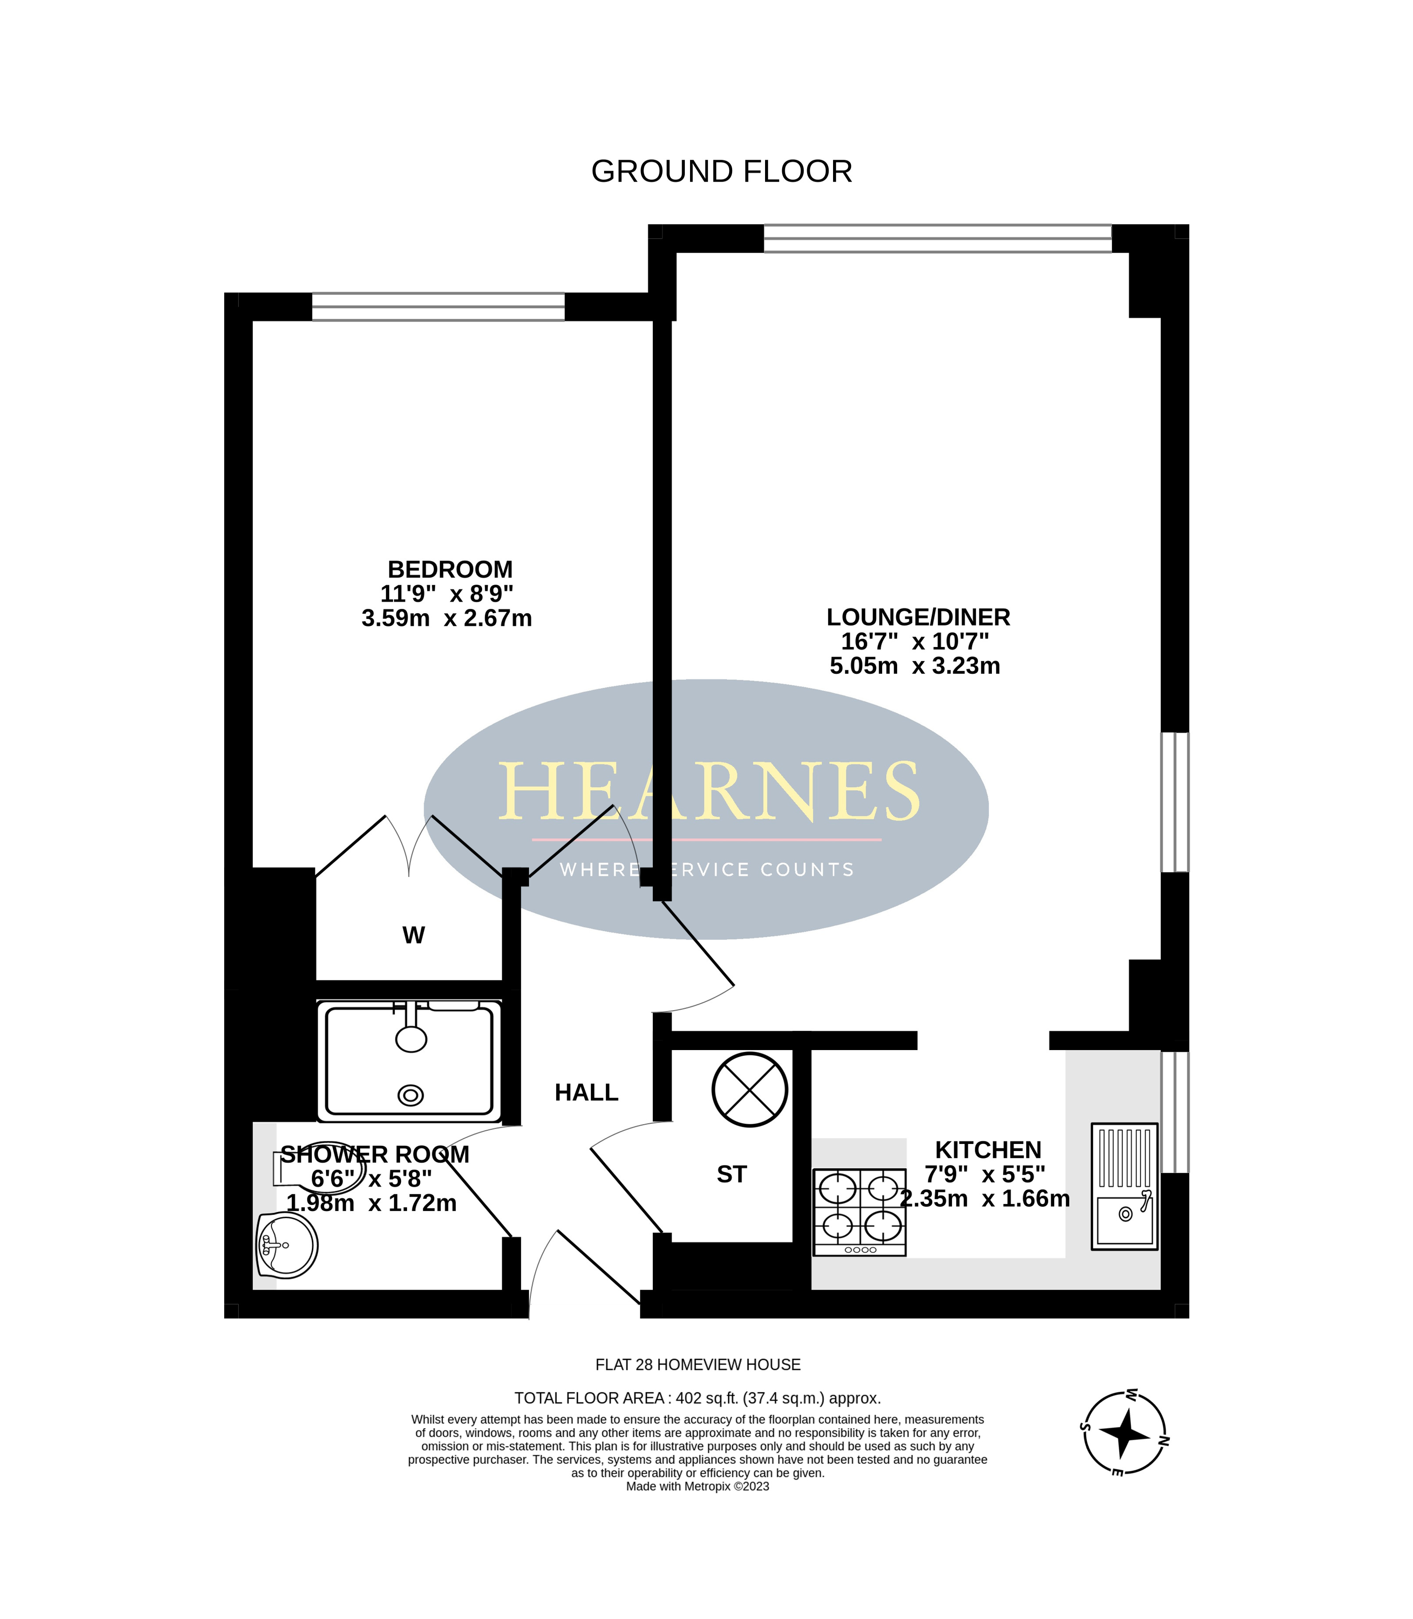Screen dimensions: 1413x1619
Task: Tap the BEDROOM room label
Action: [450, 569]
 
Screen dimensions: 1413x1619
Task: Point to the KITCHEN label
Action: [988, 1150]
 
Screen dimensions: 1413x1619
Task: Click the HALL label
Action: [587, 1093]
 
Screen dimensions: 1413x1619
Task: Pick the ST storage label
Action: [731, 1175]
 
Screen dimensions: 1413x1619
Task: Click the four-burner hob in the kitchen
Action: [859, 1212]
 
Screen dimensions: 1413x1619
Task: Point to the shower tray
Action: [409, 1060]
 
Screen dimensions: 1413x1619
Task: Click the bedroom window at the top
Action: [438, 307]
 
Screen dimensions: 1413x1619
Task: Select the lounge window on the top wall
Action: [937, 238]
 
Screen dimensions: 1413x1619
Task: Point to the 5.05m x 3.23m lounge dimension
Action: [915, 666]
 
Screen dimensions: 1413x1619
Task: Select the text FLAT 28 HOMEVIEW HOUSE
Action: [698, 1365]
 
